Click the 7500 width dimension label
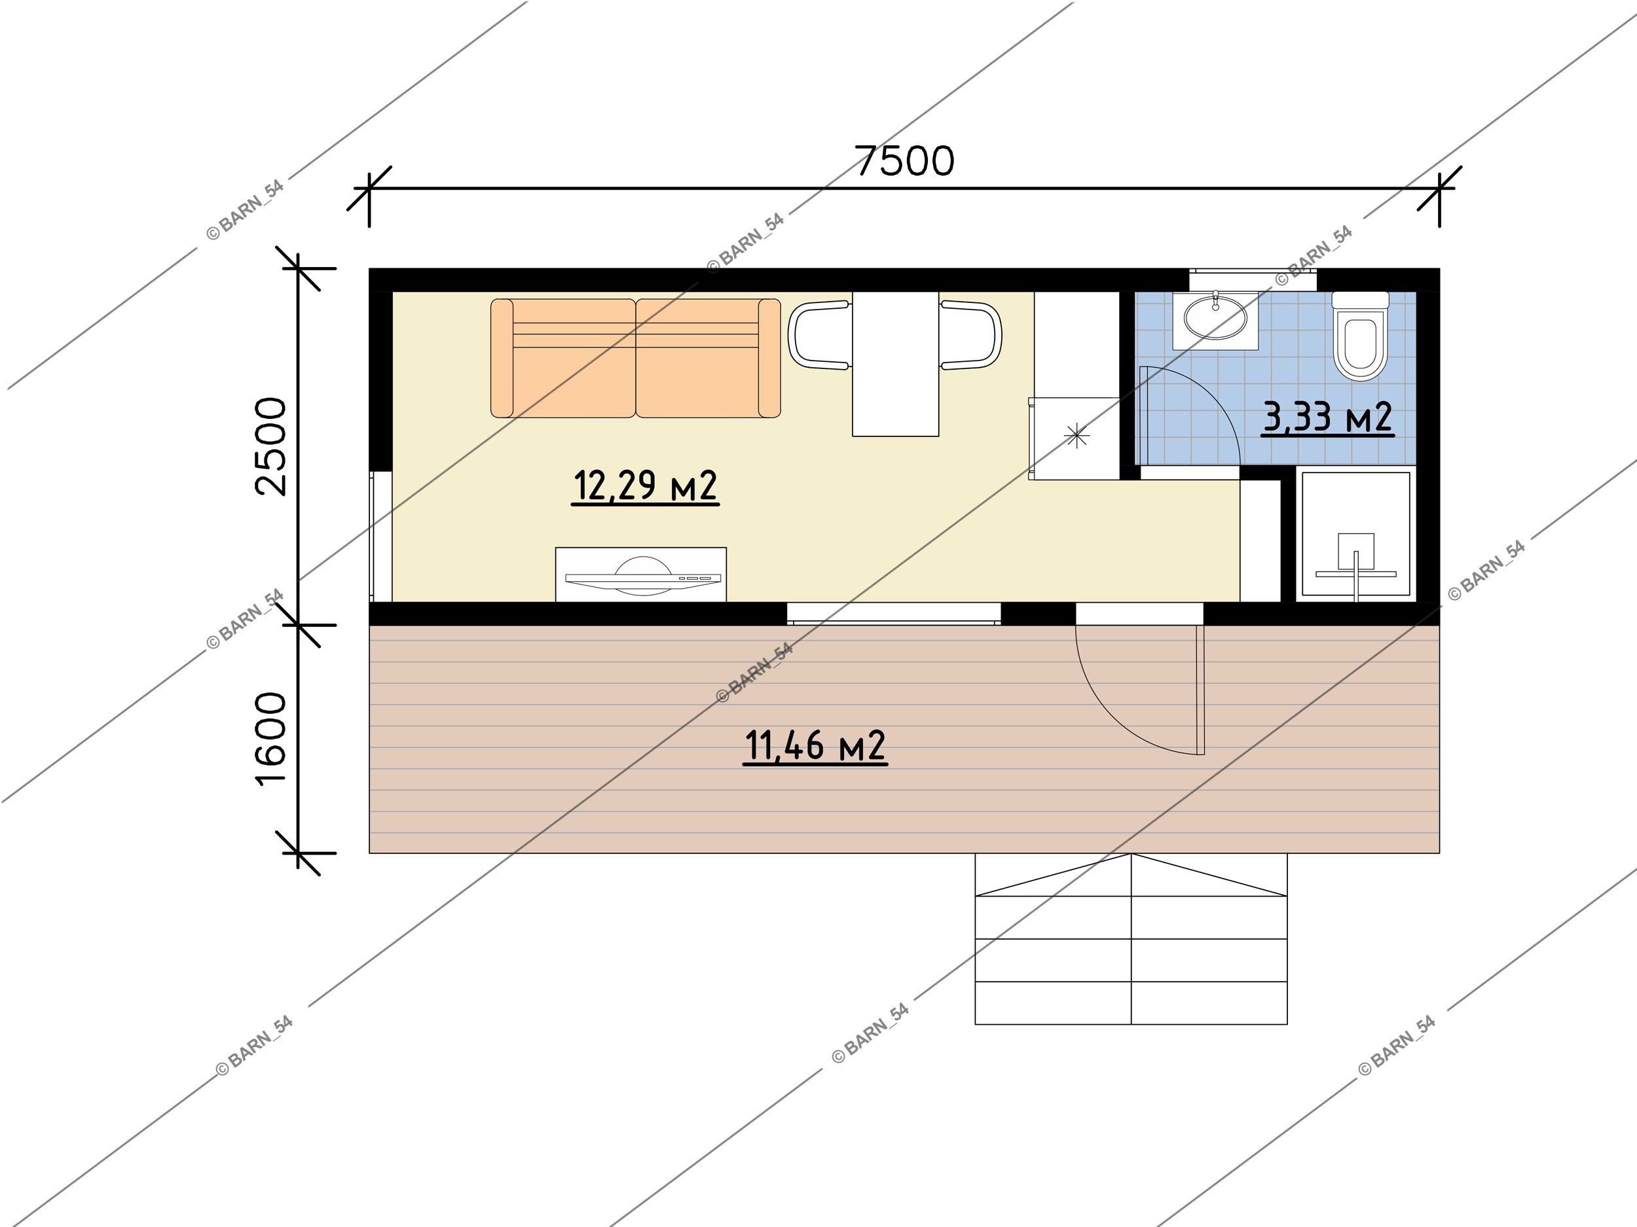pos(904,161)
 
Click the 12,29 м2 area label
pos(644,486)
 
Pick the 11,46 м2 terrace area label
pos(815,745)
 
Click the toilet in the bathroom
pos(1359,336)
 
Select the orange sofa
pos(636,358)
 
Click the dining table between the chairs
pos(896,364)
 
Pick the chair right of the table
pos(971,335)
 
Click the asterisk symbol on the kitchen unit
pos(1076,436)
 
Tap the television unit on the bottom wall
pos(641,575)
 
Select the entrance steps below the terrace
pos(1131,938)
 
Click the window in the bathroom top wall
pos(1253,280)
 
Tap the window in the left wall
pos(381,536)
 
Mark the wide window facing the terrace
pos(893,614)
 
